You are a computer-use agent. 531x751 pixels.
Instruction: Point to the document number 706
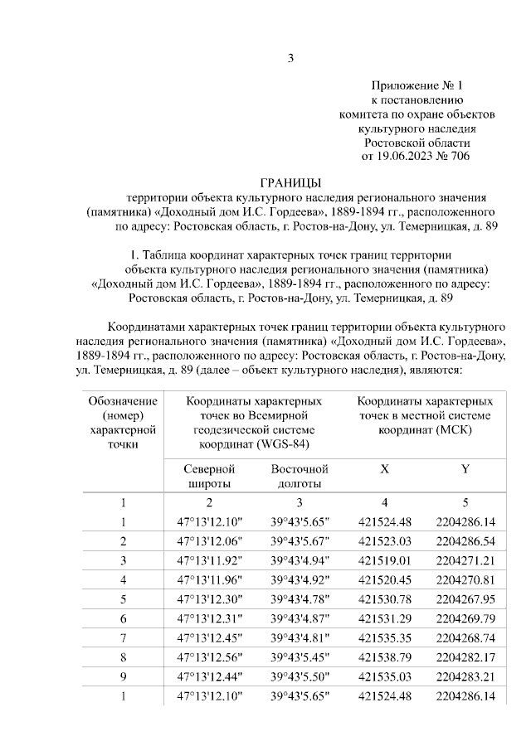pyautogui.click(x=457, y=156)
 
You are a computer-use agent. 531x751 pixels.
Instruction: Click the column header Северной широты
pyautogui.click(x=208, y=477)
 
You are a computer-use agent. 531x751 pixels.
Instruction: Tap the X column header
pyautogui.click(x=384, y=469)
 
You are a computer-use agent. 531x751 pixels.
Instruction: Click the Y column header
pyautogui.click(x=465, y=469)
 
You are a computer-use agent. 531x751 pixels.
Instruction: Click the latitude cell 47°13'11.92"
pyautogui.click(x=208, y=560)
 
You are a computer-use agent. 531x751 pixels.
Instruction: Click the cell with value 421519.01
pyautogui.click(x=384, y=560)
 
